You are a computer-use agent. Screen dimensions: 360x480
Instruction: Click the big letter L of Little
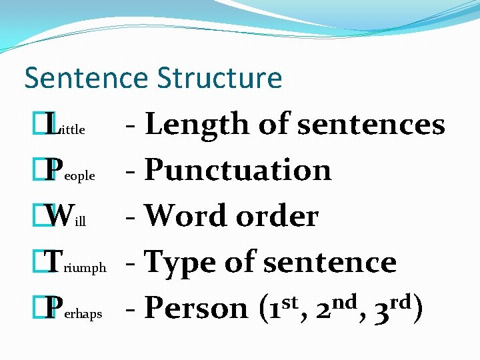click(x=51, y=125)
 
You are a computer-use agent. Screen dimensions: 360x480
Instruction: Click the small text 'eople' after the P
click(x=79, y=177)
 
